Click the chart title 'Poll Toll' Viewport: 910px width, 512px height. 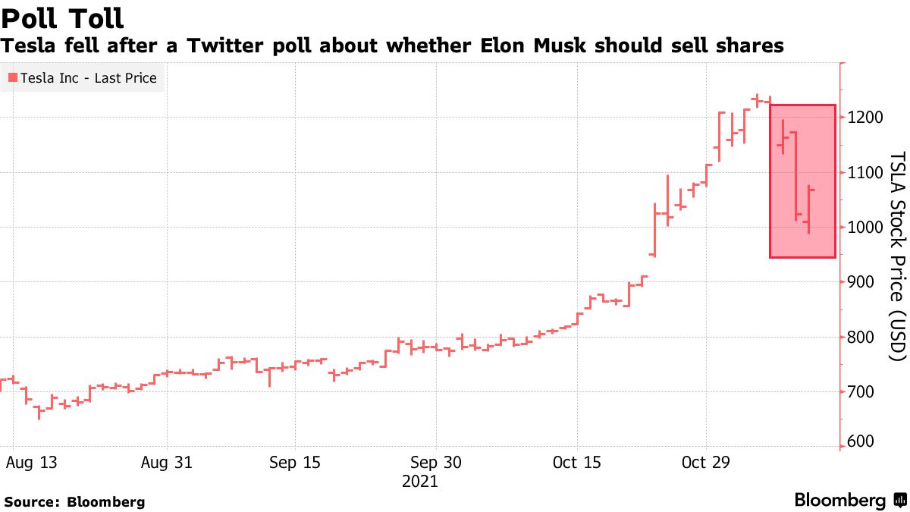click(x=63, y=17)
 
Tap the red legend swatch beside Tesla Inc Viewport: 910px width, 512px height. click(x=12, y=78)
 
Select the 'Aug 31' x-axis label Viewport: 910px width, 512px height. click(x=167, y=463)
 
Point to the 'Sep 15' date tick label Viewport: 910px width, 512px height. click(x=294, y=463)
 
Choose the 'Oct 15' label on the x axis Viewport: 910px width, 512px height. click(x=576, y=463)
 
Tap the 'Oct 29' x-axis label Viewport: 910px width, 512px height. click(x=707, y=463)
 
